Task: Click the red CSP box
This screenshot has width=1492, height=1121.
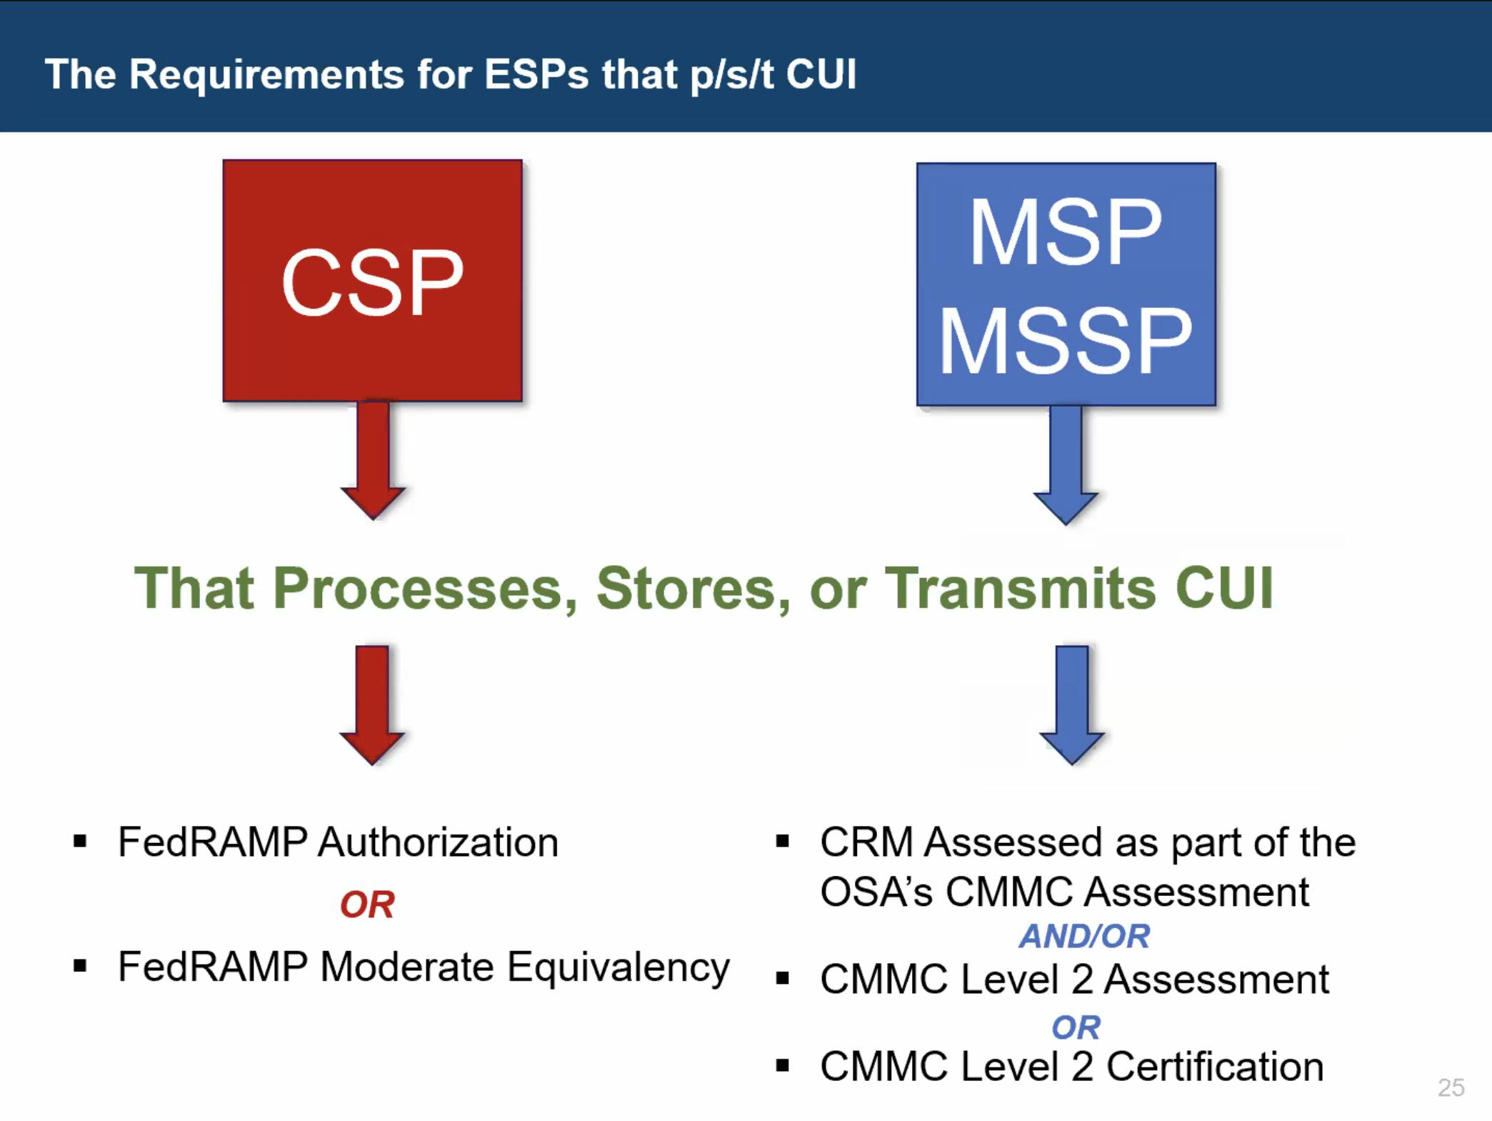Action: click(372, 281)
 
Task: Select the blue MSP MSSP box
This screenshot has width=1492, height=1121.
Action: click(1066, 284)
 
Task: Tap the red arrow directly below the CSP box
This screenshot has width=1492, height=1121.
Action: click(373, 460)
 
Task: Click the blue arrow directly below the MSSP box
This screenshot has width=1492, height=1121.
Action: click(1066, 464)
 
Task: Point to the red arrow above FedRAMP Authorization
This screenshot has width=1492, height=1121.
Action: click(372, 704)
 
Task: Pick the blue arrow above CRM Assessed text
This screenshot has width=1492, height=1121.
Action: click(1071, 704)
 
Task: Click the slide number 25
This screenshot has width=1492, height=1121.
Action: click(1451, 1087)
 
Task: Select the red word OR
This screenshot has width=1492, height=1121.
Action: click(367, 905)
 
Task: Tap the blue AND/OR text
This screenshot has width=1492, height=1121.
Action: click(1084, 936)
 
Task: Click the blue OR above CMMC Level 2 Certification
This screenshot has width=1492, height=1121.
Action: click(1076, 1027)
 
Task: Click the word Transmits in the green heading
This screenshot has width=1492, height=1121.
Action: click(1021, 589)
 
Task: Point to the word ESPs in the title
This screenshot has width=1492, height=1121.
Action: click(536, 74)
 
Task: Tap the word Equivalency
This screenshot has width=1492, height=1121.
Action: click(619, 968)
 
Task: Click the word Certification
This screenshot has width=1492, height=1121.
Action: click(1214, 1067)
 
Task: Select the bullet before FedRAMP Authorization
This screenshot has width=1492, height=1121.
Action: click(80, 842)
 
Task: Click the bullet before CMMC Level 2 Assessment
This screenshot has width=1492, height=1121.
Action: click(783, 979)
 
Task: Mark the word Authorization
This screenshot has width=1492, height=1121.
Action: click(438, 842)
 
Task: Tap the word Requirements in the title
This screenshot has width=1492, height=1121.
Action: click(266, 74)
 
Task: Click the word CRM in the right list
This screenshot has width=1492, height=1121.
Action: click(866, 842)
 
